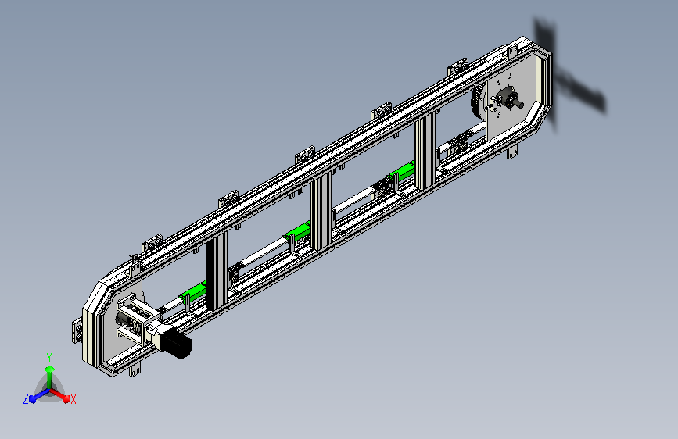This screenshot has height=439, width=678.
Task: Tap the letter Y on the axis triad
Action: click(x=49, y=357)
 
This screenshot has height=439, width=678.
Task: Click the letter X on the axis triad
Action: click(x=73, y=400)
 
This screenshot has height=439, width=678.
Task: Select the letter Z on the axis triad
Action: click(x=26, y=399)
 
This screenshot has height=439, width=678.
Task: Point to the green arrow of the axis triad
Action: click(x=50, y=377)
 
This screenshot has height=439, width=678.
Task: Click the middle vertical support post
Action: click(x=321, y=212)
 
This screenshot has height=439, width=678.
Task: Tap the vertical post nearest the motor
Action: click(x=217, y=271)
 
